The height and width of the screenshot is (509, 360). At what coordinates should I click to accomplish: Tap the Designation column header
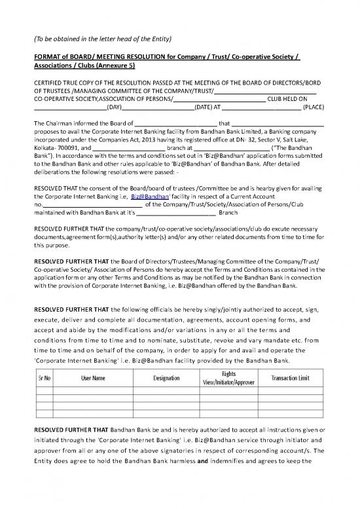pos(167,378)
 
